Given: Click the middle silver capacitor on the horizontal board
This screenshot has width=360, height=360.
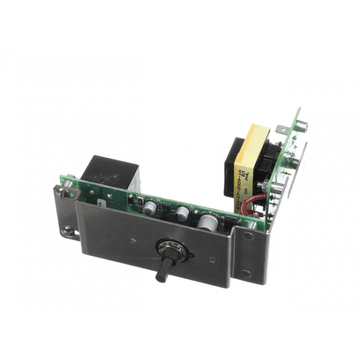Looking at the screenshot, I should coord(182,212).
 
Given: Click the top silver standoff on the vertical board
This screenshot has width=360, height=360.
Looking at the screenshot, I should coord(301,126).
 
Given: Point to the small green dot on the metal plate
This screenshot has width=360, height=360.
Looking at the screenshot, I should coord(131,242).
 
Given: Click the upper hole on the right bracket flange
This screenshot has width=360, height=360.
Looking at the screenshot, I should coord(248,235).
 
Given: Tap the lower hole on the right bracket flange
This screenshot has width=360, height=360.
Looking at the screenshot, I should coord(245,274).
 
